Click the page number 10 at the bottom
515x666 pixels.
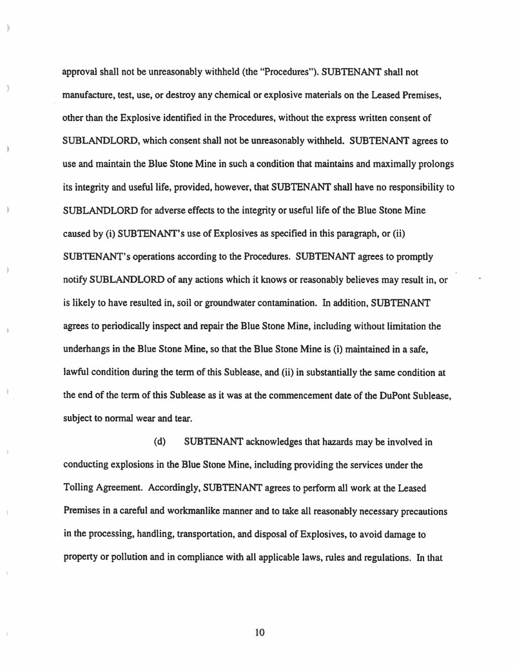pos(260,632)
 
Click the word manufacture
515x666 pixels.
pos(87,95)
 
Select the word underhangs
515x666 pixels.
pos(88,349)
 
